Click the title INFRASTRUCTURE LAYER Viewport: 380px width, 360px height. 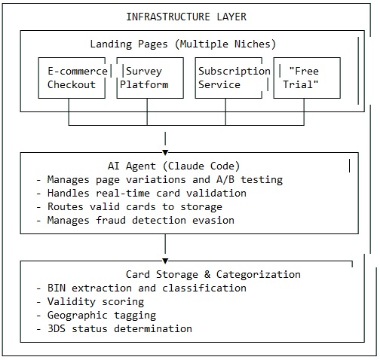point(185,17)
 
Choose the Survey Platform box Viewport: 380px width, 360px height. point(152,78)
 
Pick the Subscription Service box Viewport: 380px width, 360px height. point(230,78)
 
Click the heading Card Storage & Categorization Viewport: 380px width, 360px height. point(213,274)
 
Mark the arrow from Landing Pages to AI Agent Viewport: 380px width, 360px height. point(165,138)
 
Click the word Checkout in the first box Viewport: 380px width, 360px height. point(72,84)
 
